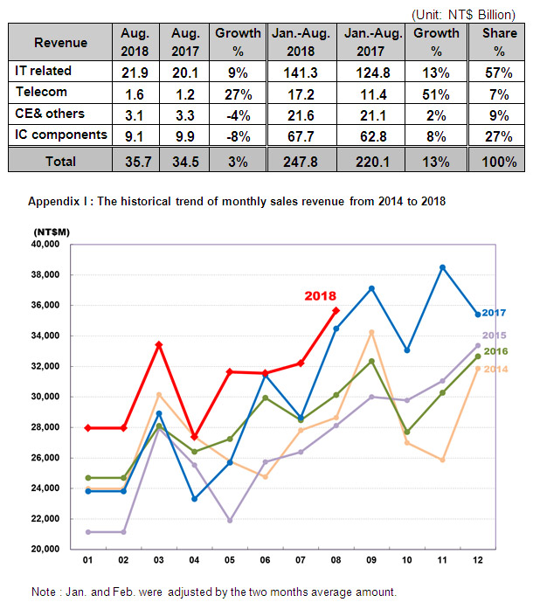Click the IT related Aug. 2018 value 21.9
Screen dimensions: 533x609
(135, 73)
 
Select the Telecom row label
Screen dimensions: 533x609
(41, 92)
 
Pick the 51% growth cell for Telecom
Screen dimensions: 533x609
(436, 94)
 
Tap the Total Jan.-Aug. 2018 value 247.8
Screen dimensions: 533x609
(301, 162)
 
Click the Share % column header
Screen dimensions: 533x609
(500, 42)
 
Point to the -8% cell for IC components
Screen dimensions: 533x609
(238, 136)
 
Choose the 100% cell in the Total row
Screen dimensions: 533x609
(499, 162)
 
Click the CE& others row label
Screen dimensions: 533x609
(50, 114)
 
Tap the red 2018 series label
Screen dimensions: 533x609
(320, 296)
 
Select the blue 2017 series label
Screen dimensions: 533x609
(494, 313)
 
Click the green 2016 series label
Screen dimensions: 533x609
(495, 351)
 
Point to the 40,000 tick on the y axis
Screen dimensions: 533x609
(45, 245)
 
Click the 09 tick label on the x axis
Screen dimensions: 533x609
(371, 560)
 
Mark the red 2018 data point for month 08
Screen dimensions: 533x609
(336, 311)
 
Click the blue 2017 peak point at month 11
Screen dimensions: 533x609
(442, 267)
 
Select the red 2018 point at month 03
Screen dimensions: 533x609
(159, 345)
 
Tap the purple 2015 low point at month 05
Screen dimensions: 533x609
(230, 521)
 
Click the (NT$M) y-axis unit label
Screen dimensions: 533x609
(52, 232)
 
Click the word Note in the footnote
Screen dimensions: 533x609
(44, 592)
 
